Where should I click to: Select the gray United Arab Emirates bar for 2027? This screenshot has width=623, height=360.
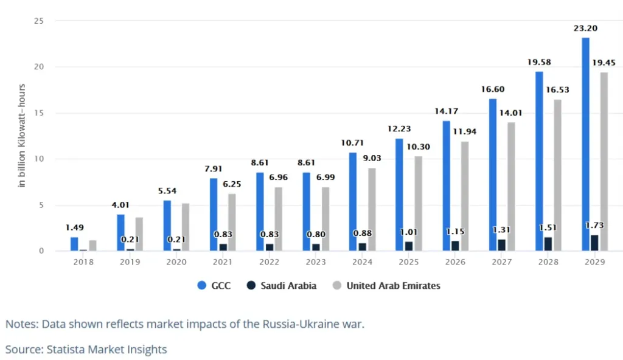tap(511, 186)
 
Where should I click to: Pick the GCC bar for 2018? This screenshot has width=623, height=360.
tap(74, 244)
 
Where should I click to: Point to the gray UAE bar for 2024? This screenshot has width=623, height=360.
tap(372, 209)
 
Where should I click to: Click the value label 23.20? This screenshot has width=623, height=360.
tap(585, 28)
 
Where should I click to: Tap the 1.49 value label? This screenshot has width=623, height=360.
tap(74, 227)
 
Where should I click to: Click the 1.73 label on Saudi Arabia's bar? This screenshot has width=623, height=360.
tap(594, 226)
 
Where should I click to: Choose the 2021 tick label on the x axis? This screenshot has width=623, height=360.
tap(223, 261)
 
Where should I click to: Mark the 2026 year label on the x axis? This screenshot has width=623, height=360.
tap(455, 261)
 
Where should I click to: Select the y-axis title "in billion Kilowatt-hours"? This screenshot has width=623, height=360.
tap(22, 135)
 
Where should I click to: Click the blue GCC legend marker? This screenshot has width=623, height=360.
tap(203, 285)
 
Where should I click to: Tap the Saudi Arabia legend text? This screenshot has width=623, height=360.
tap(290, 285)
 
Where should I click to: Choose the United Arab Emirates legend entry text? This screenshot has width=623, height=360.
tap(393, 285)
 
